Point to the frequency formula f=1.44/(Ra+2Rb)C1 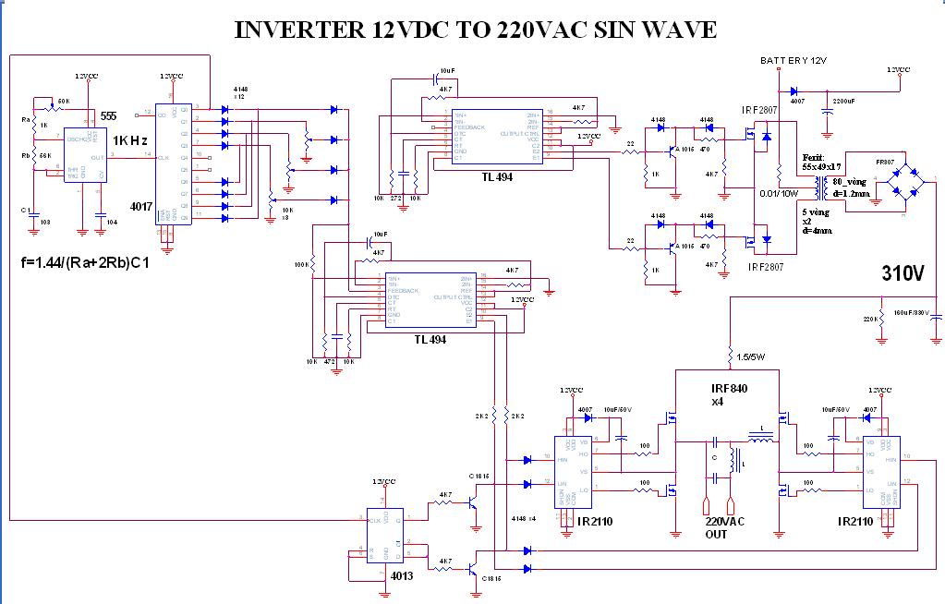coord(84,262)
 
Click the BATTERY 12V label coord(793,61)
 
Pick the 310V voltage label coord(903,273)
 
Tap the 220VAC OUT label coord(723,528)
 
